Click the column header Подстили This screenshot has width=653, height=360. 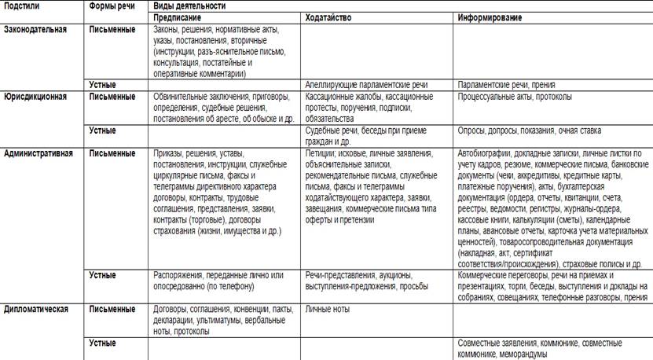[22, 5]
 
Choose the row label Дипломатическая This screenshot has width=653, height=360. [36, 309]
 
